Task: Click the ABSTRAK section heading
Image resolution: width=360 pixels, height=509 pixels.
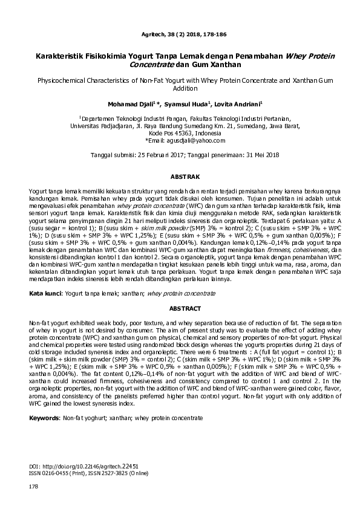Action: click(180, 177)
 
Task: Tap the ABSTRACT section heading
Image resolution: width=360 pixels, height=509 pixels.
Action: click(180, 308)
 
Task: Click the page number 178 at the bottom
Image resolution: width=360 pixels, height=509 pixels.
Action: click(33, 487)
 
